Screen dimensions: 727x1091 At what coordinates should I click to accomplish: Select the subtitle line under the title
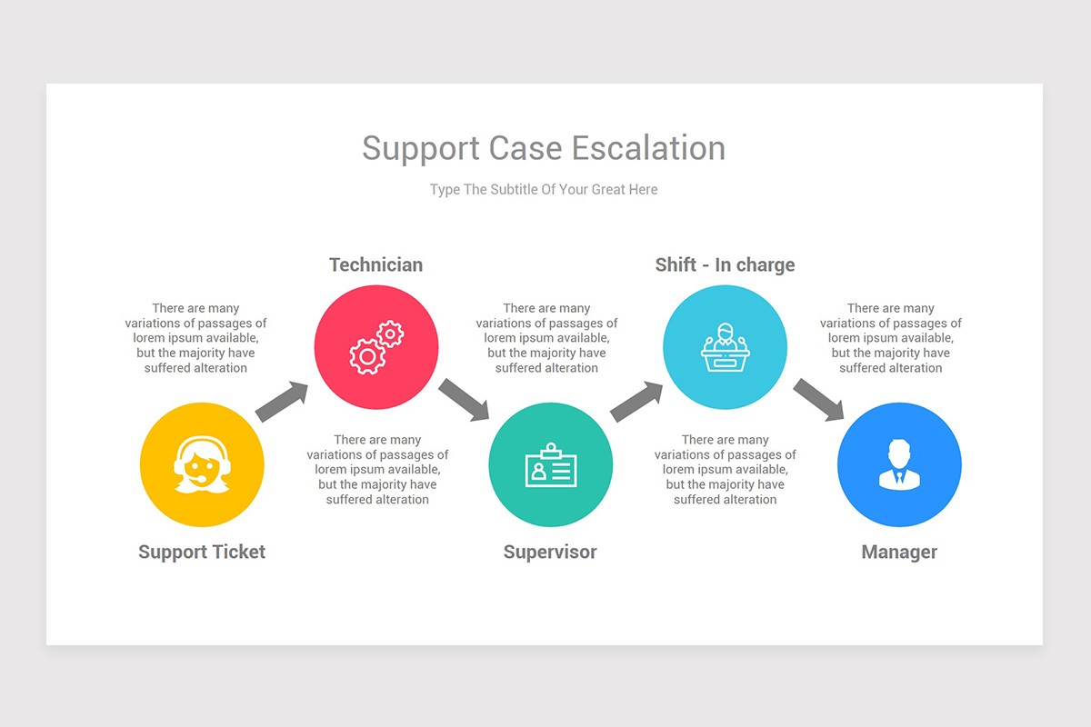(x=544, y=190)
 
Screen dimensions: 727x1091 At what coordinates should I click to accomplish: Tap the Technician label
(x=375, y=264)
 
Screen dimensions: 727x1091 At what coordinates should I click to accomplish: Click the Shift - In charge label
(x=725, y=264)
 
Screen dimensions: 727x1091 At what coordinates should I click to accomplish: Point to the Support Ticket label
(x=202, y=552)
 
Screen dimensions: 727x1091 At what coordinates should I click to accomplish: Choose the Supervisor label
(x=550, y=552)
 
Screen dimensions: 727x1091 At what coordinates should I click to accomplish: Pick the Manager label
(x=899, y=552)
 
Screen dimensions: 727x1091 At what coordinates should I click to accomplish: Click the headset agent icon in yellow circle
(x=202, y=465)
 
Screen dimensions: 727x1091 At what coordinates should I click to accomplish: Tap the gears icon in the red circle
(x=376, y=347)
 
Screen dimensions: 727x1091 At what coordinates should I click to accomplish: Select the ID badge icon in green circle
(x=550, y=465)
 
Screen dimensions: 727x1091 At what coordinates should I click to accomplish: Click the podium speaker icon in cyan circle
(x=725, y=347)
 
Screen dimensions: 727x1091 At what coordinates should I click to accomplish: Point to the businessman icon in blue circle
(x=899, y=465)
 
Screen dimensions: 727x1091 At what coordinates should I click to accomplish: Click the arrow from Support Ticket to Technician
(x=282, y=401)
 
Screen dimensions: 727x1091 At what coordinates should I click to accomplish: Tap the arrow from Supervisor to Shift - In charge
(x=636, y=401)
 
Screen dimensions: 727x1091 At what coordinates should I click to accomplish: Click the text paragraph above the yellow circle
(x=195, y=338)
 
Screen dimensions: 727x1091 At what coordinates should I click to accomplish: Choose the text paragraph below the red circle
(x=377, y=470)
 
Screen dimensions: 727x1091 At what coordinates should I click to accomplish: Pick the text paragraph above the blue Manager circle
(x=890, y=338)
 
